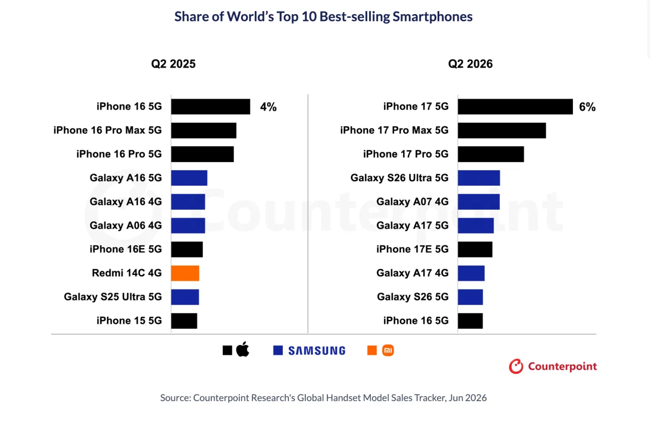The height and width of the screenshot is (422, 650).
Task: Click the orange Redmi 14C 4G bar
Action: point(185,273)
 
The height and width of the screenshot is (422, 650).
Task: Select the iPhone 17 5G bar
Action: point(515,107)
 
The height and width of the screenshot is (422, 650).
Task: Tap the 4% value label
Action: point(268,107)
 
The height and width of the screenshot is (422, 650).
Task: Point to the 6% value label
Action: point(588,107)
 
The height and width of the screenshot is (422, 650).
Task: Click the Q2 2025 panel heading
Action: point(173,64)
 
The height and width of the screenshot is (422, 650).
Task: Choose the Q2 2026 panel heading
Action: point(470,64)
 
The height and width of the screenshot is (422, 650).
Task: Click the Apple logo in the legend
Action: point(243,349)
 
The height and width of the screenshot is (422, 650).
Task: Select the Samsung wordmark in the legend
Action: point(317,350)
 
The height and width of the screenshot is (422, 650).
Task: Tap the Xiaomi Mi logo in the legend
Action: point(388,350)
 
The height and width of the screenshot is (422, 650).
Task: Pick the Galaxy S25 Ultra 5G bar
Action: point(185,297)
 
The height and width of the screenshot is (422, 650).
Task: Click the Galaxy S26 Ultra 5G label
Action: point(399,178)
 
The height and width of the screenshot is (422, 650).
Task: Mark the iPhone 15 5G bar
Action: point(184,321)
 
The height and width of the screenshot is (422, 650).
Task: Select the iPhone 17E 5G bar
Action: point(475,249)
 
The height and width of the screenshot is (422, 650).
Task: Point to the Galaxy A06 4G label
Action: point(125,225)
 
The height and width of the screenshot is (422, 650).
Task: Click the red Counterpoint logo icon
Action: point(516,366)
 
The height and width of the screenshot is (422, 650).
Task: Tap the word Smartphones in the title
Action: point(432,17)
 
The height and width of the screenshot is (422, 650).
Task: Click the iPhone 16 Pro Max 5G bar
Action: point(204,131)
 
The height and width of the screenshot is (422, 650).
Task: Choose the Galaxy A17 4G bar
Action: point(471,273)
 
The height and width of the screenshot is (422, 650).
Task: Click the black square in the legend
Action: point(227,350)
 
